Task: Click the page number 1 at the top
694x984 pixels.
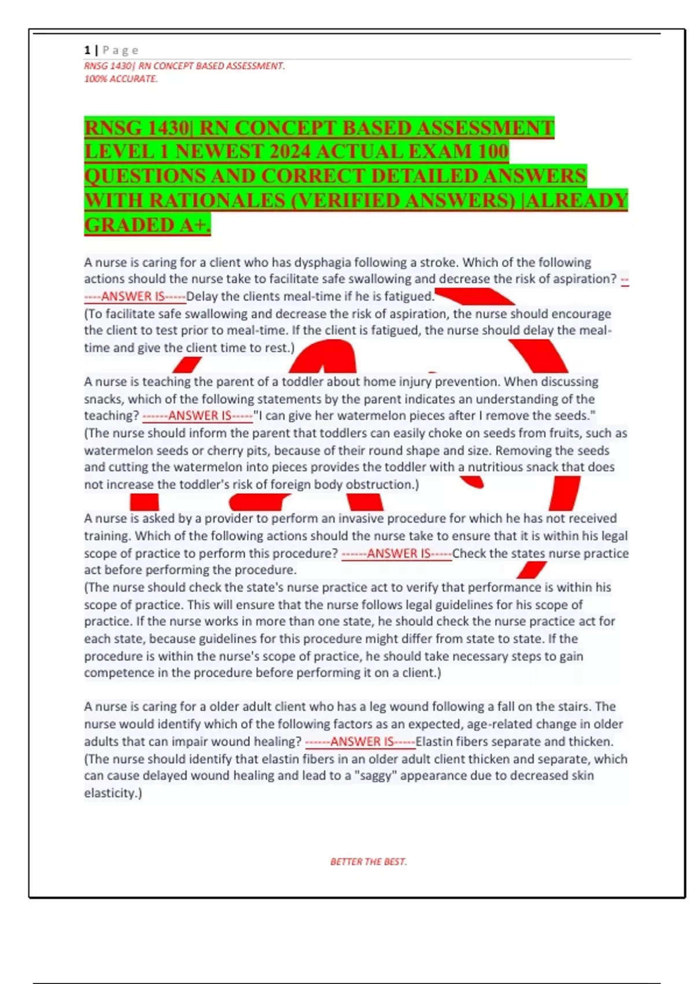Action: [87, 50]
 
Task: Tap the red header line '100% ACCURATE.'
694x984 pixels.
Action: [121, 79]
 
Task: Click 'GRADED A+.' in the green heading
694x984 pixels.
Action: [147, 225]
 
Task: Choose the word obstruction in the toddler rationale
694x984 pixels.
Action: [381, 484]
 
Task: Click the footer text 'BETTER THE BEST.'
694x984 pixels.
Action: [368, 862]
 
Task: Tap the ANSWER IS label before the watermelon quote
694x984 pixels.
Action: [199, 416]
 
